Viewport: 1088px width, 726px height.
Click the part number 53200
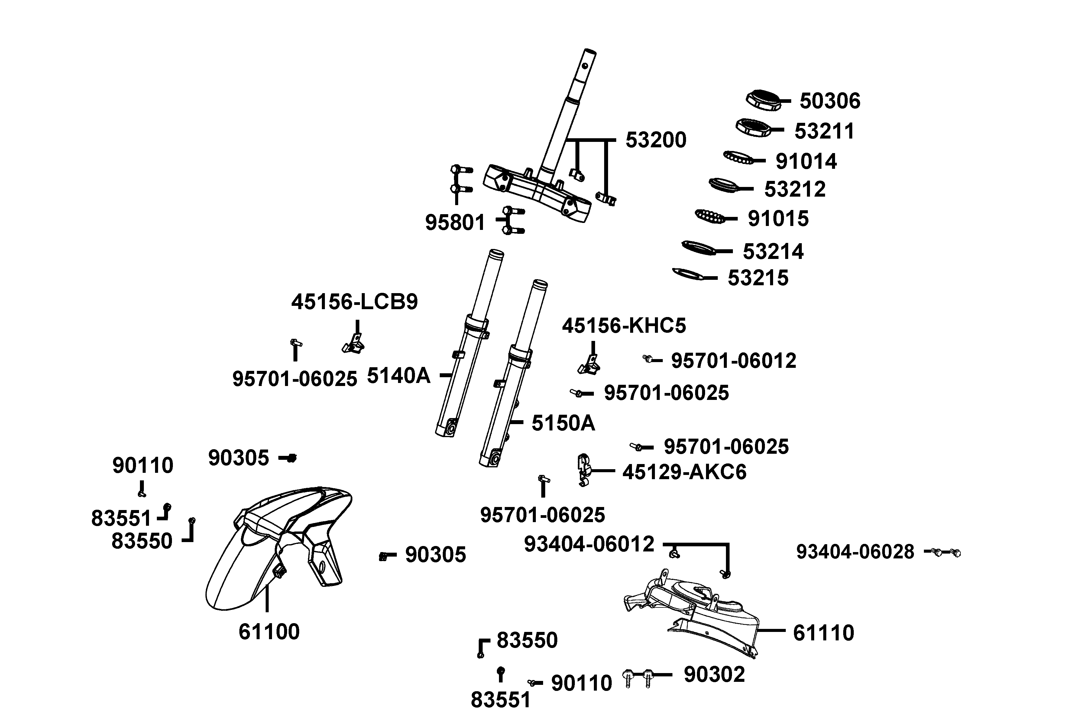[656, 140]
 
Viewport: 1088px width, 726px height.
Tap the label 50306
[830, 101]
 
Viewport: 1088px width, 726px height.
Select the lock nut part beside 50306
[762, 100]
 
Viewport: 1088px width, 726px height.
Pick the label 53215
[758, 278]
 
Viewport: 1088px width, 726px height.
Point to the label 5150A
[563, 423]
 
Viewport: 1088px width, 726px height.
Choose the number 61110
[823, 633]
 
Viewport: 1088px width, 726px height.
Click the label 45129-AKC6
[684, 472]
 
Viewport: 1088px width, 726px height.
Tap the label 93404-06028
[855, 552]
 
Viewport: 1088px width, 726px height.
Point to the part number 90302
[714, 675]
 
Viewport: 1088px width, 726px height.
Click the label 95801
[455, 223]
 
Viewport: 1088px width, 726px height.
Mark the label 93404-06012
[589, 544]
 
